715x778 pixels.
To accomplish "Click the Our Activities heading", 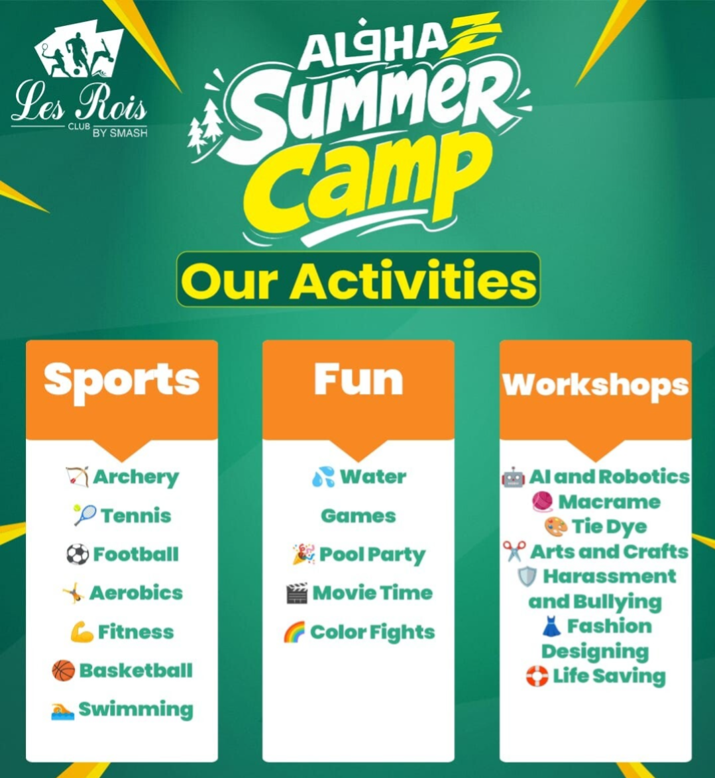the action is [x=358, y=279].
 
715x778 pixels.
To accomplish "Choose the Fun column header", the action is [x=358, y=380].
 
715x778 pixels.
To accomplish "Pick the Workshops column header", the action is [x=595, y=385].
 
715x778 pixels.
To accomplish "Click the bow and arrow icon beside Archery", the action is [x=78, y=477].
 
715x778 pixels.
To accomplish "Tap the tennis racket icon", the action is [x=84, y=516].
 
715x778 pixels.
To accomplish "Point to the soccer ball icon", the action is [x=78, y=554].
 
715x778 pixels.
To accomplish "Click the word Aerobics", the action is [x=136, y=593].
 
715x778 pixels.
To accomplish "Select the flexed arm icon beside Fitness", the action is [x=82, y=632].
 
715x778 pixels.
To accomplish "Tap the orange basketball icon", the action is [x=64, y=671].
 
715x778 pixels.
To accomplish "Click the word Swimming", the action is [x=136, y=710].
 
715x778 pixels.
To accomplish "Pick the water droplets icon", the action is [x=323, y=477].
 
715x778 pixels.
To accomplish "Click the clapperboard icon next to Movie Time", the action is [x=297, y=593].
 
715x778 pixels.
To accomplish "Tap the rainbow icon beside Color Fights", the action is [x=294, y=632].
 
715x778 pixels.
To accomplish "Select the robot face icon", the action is [x=514, y=477].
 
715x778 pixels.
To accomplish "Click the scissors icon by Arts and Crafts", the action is [x=514, y=552].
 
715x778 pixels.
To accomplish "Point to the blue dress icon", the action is [x=551, y=626].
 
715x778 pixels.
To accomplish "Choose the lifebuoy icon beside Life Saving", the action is [x=537, y=676].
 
